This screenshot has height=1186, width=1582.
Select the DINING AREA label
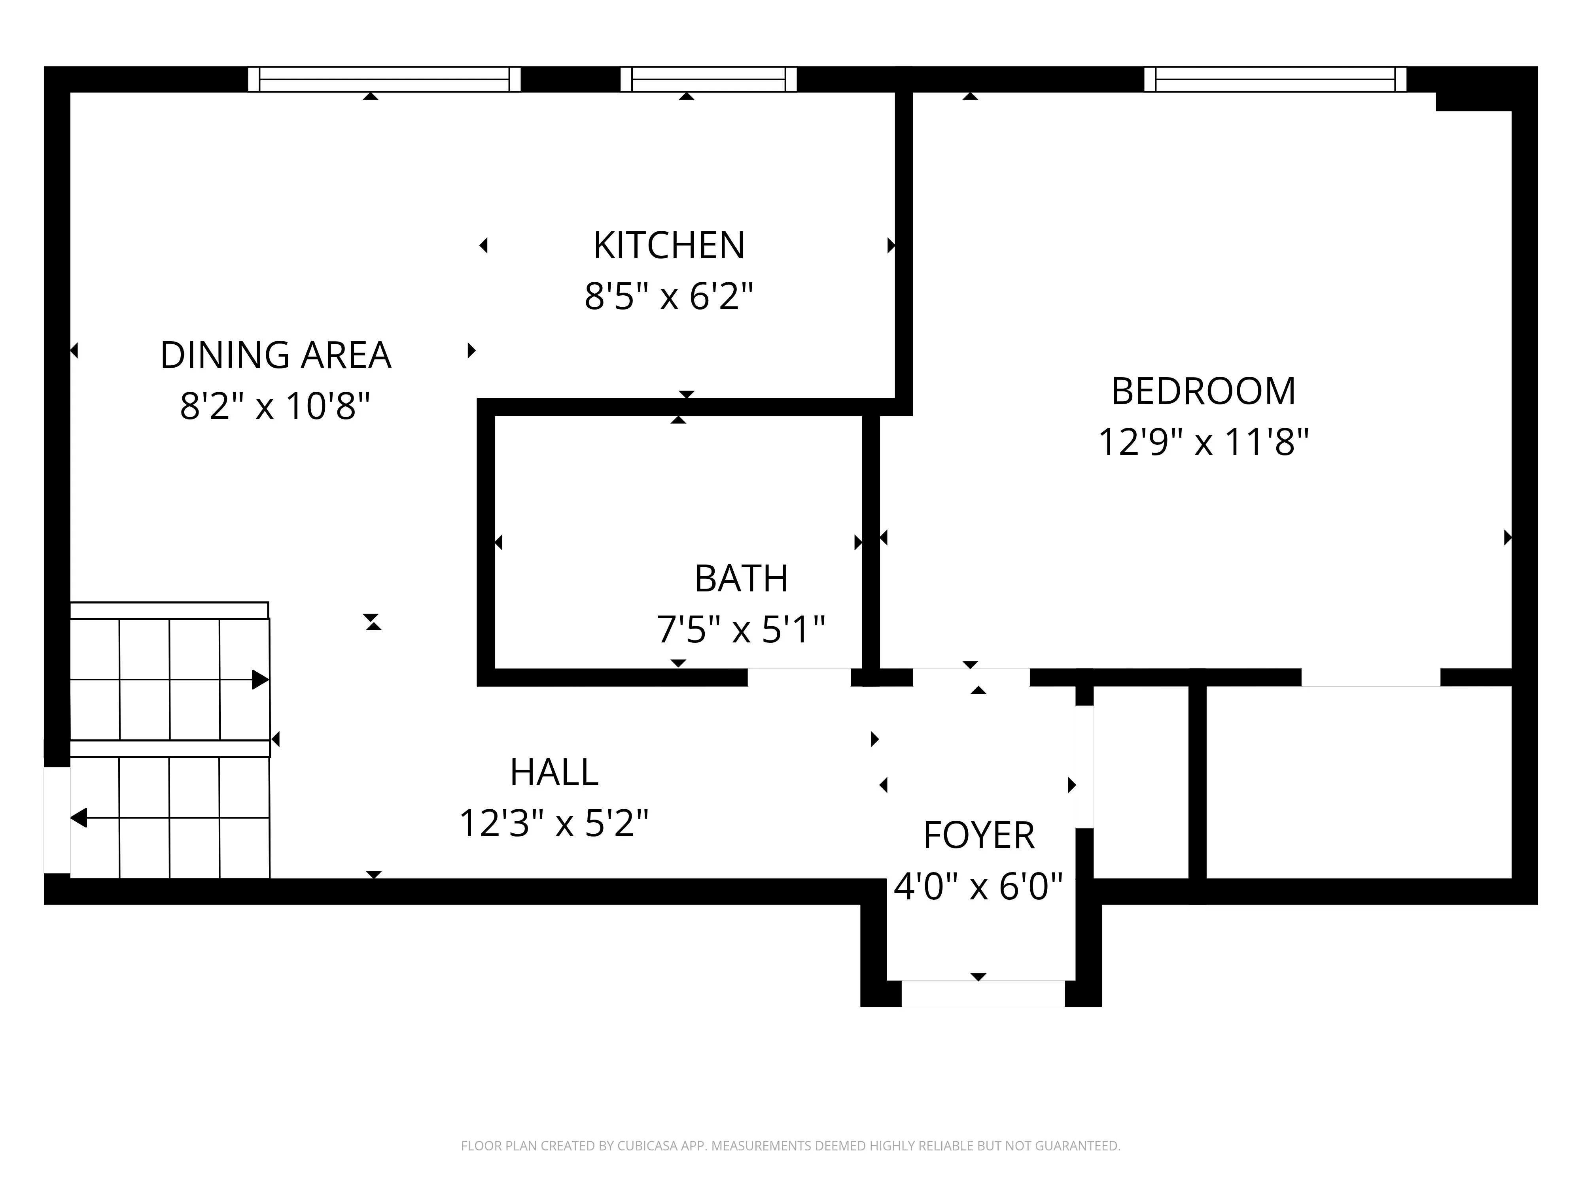[275, 355]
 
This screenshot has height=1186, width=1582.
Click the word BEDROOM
[1203, 392]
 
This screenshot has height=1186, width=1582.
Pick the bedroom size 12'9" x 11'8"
[1203, 442]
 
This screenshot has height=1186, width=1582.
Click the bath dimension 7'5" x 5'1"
[741, 630]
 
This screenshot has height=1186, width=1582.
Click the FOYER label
[978, 836]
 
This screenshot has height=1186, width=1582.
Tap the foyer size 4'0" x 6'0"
[978, 887]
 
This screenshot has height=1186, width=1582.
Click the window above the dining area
[384, 79]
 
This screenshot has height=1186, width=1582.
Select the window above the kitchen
[708, 79]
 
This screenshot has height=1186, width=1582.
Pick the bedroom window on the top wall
[1275, 79]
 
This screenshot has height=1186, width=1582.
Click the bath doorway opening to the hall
[799, 677]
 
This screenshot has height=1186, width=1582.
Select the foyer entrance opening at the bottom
[983, 994]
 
